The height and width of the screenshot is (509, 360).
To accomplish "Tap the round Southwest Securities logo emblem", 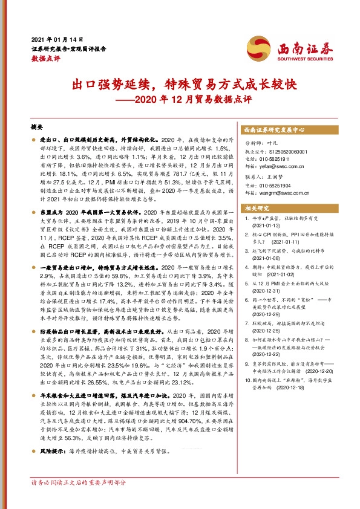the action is (256, 46).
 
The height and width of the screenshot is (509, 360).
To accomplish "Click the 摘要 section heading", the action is (37, 128).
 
